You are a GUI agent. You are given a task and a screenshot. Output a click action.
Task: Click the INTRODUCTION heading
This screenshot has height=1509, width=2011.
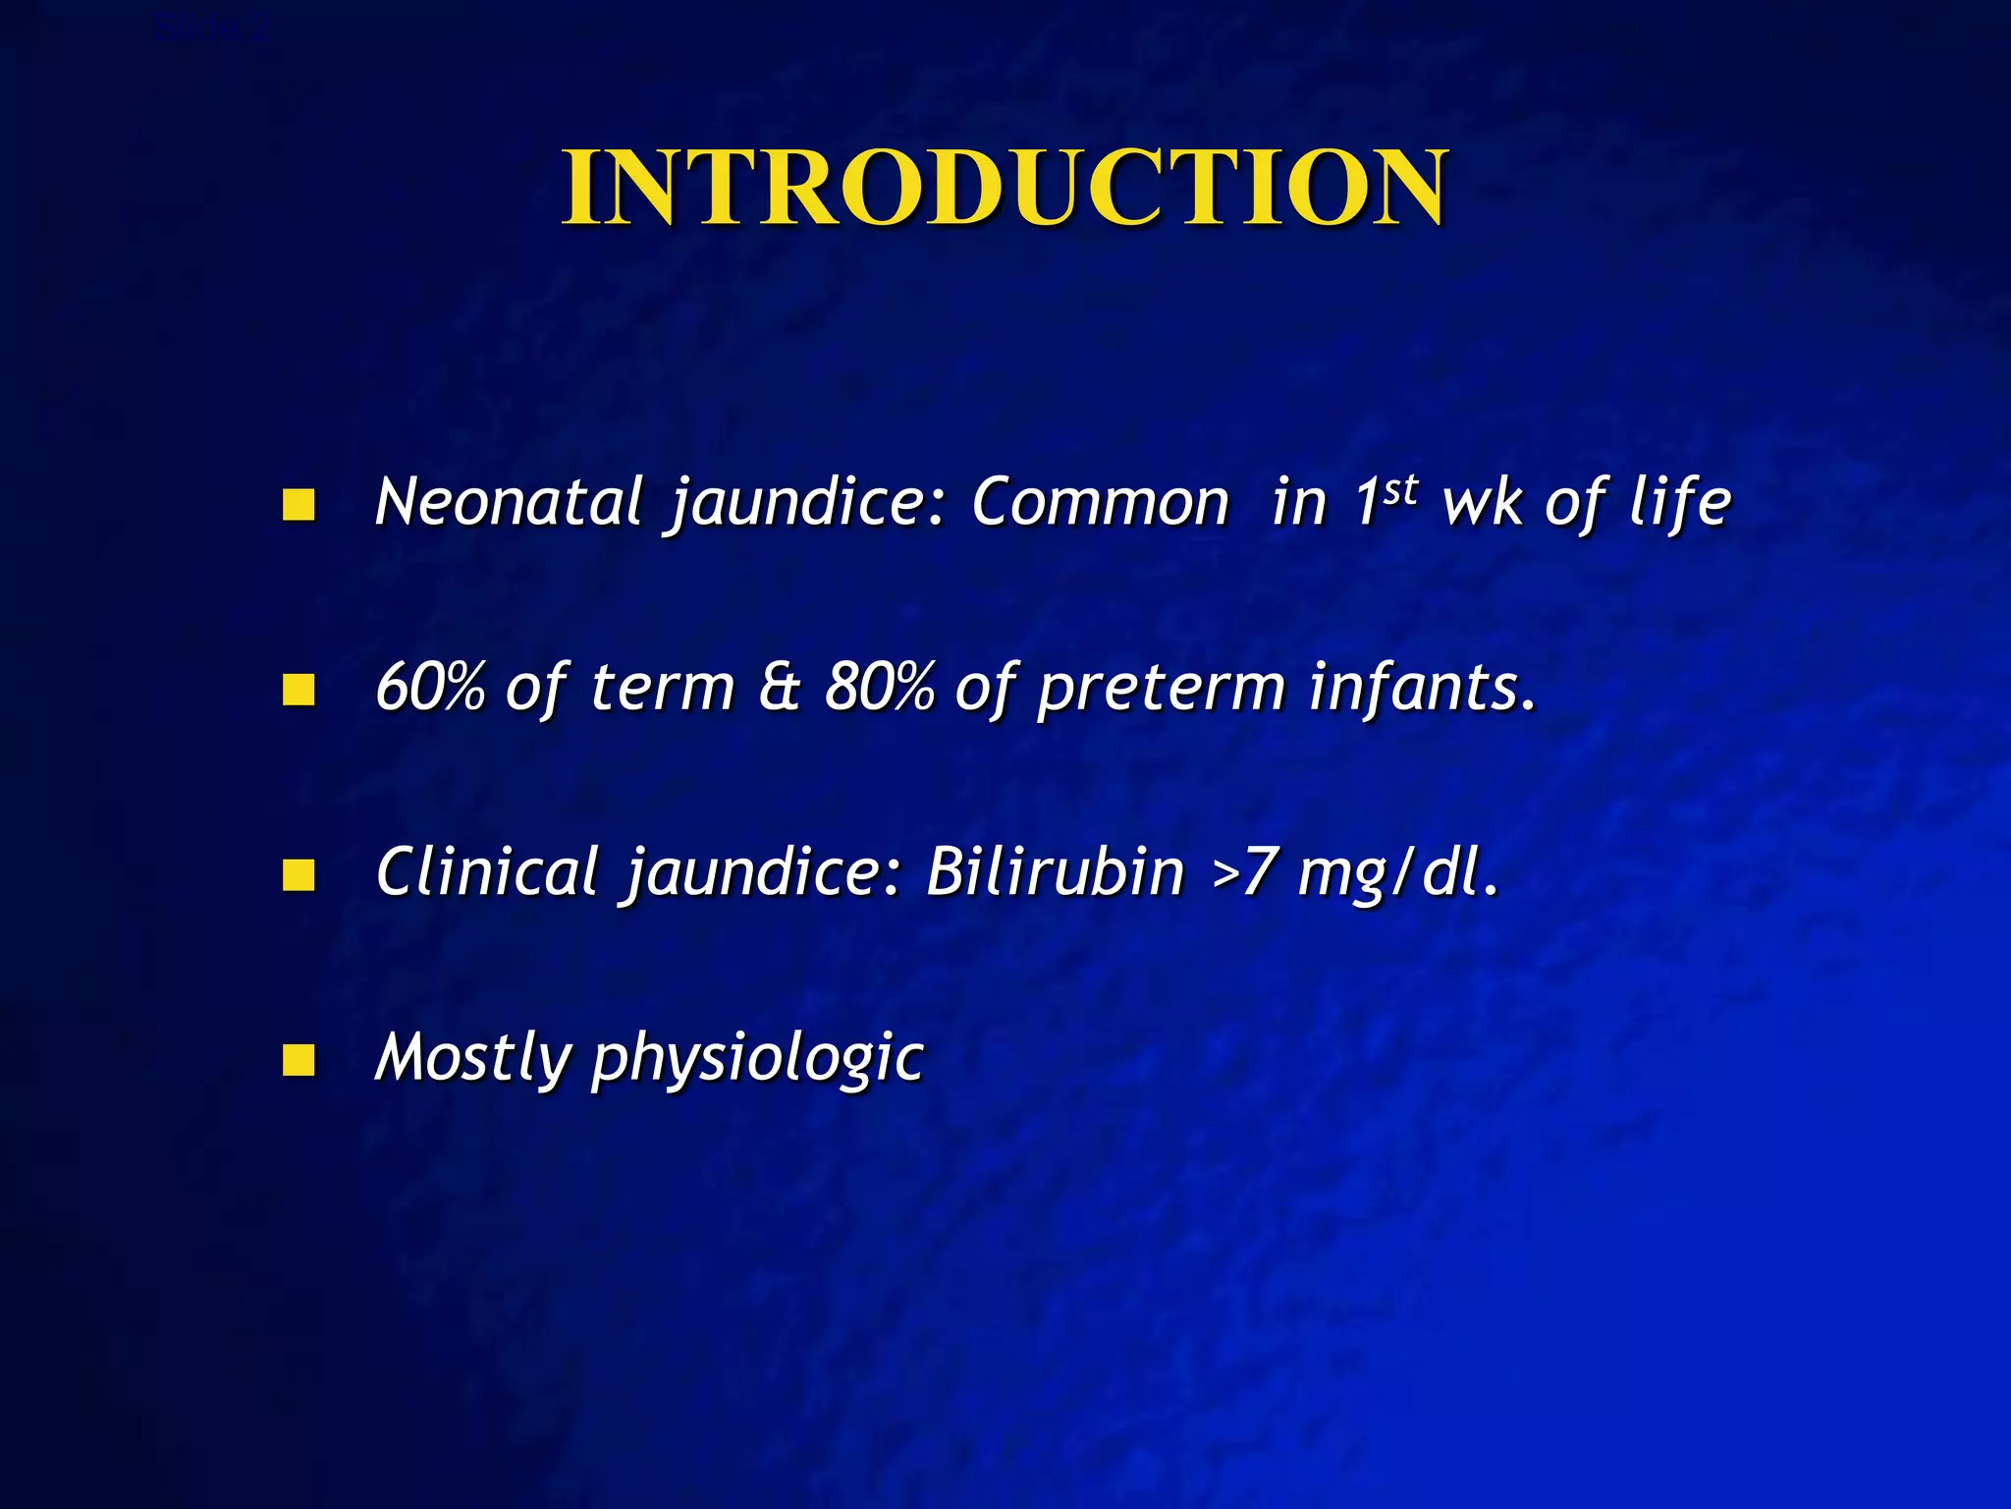[1004, 189]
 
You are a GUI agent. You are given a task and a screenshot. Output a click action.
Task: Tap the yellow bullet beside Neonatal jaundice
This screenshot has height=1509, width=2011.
[298, 505]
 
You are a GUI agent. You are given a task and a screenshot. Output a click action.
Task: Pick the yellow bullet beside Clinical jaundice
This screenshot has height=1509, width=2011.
[298, 874]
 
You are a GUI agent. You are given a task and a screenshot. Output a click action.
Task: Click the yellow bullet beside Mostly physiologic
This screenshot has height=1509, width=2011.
[298, 1060]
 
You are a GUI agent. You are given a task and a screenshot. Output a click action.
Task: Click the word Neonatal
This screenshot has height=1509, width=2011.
[509, 503]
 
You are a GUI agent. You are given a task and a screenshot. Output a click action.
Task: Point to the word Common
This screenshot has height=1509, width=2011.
[1100, 503]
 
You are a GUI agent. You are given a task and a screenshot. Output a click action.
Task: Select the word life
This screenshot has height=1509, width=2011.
[1680, 503]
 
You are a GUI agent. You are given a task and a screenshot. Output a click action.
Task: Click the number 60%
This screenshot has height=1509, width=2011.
[430, 688]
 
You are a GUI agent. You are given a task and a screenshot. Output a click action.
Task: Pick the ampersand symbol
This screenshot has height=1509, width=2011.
[781, 688]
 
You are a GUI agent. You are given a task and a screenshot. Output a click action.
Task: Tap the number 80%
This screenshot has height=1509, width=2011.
[879, 688]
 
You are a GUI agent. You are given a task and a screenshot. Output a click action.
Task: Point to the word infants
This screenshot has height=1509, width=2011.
[1421, 688]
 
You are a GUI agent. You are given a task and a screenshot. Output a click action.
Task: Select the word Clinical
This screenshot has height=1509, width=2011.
[487, 872]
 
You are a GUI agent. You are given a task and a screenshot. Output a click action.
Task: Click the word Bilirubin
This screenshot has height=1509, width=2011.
[1056, 872]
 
